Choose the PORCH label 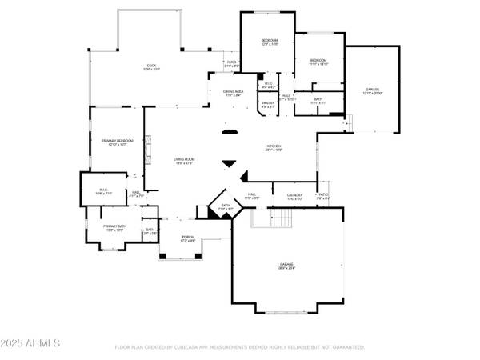(188, 238)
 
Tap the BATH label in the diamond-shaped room (226, 207)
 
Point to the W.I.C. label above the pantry (268, 84)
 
